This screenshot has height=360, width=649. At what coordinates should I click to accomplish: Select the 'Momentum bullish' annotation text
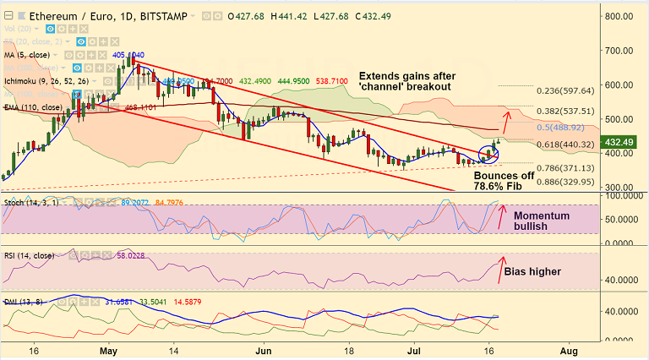click(x=541, y=221)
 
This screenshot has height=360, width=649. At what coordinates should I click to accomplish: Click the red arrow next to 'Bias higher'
click(x=502, y=267)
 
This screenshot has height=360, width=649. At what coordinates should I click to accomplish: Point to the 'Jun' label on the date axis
click(x=263, y=349)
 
